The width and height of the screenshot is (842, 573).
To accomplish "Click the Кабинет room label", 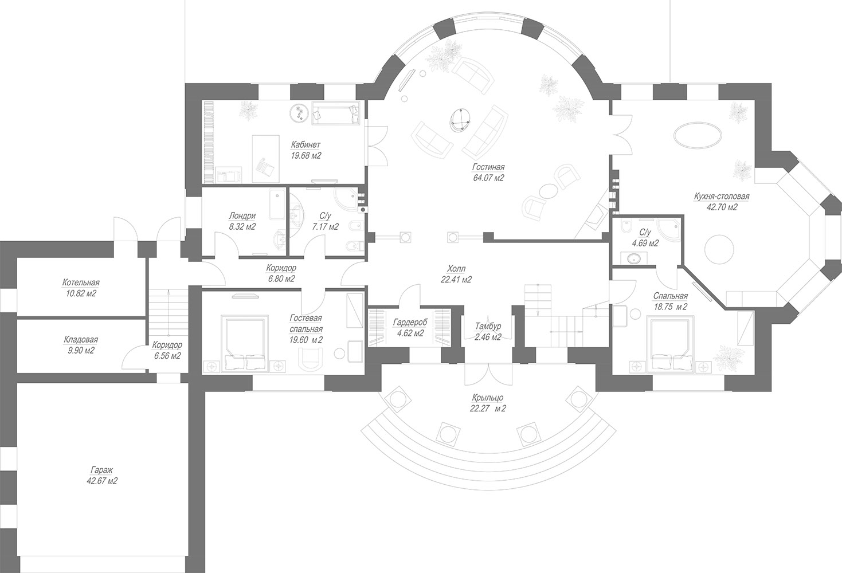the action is pos(306,144).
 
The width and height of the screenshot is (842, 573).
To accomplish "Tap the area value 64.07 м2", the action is pos(488,178).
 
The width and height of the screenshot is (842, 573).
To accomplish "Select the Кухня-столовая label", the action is pos(722,197).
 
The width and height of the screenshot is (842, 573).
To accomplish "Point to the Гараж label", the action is pos(101,470).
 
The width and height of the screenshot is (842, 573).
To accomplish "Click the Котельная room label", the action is pos(81,282).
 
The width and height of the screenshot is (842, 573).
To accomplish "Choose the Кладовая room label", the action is pos(80,340).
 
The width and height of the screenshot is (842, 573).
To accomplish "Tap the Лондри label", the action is pos(242,216).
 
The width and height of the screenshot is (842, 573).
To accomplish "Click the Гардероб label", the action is pos(410,323).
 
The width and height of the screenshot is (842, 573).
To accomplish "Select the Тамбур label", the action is pos(488,326).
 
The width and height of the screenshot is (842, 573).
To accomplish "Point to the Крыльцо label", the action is pos(488,398).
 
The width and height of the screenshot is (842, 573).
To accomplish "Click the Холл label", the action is pos(456,269).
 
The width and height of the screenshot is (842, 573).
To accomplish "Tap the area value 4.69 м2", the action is pos(645,244).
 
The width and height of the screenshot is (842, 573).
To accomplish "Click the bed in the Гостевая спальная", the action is pos(245,344).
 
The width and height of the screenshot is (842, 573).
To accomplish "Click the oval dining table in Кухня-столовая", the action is pos(698,136).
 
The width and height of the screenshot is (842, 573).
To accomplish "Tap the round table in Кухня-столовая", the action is pos(719,249).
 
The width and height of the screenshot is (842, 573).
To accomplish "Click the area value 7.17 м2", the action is pos(325,227).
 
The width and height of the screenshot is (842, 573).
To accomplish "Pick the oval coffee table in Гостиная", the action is pos(459,120).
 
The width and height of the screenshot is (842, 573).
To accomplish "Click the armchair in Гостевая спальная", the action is pos(311,359).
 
